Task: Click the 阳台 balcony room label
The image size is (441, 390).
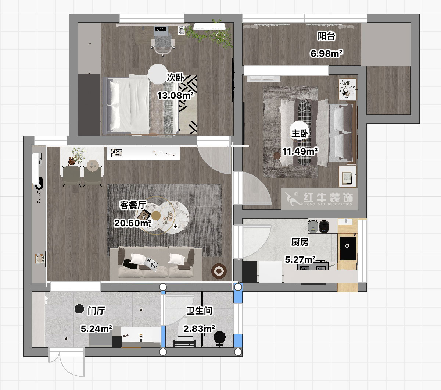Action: (326, 36)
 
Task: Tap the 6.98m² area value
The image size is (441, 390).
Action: (326, 54)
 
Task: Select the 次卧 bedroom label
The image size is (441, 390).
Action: (175, 78)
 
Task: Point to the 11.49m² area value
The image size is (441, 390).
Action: (300, 151)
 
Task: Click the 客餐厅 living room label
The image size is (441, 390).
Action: (133, 205)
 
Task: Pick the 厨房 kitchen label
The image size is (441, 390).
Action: (300, 242)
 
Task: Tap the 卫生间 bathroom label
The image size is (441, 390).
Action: (199, 311)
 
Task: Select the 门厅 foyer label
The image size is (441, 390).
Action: (96, 311)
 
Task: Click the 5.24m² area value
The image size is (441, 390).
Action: (96, 329)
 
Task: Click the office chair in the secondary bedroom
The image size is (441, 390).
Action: (162, 42)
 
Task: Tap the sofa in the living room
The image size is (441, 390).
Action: (156, 262)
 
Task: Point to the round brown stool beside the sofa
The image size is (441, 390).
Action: (219, 271)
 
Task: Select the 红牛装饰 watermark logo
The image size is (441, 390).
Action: (319, 199)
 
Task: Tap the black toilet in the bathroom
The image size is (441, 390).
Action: (219, 338)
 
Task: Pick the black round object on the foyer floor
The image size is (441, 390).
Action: (79, 309)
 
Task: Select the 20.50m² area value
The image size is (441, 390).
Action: (133, 223)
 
